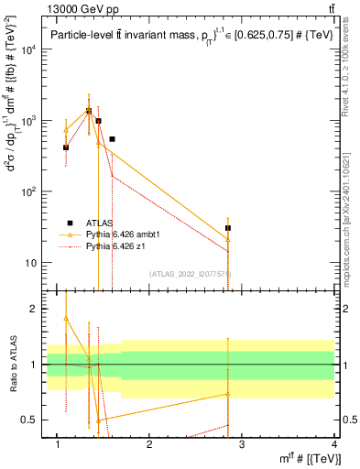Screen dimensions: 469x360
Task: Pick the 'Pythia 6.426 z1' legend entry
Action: click(102, 246)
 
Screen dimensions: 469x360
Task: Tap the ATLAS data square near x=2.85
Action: click(228, 227)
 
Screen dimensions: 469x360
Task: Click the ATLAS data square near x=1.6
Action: click(112, 139)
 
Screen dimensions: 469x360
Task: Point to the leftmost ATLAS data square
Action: click(66, 147)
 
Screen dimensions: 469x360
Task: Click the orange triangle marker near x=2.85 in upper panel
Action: click(228, 239)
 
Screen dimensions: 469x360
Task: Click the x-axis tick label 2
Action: click(150, 444)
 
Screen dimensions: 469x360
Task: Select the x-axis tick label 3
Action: click(242, 444)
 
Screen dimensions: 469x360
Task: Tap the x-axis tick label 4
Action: click(334, 444)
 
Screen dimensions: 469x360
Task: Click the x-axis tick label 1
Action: click(58, 444)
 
